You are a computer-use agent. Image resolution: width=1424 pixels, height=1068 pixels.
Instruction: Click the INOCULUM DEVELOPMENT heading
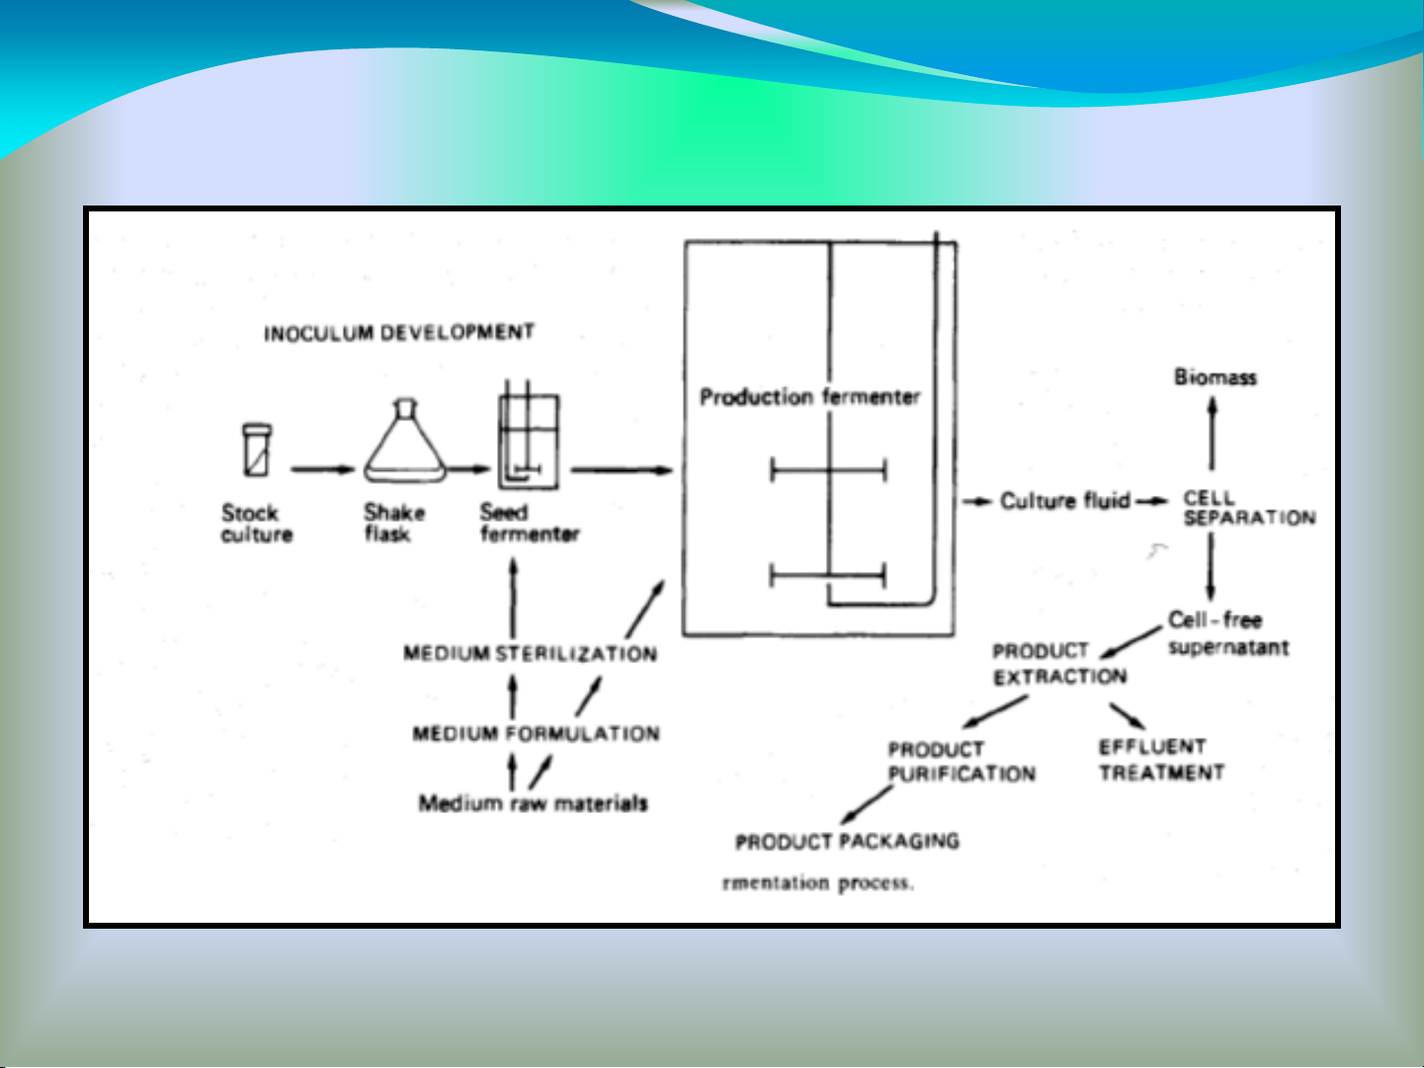[398, 333]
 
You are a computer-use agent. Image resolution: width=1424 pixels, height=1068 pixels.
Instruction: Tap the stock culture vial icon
[257, 451]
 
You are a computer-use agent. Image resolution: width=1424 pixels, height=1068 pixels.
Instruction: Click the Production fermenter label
[809, 397]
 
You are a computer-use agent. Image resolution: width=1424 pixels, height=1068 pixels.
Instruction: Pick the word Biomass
[1215, 376]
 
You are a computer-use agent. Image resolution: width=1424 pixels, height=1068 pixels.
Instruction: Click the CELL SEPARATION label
[1249, 508]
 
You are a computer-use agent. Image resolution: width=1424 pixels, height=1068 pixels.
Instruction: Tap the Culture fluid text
[1064, 501]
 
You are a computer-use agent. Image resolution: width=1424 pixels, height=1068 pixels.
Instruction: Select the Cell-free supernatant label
[1227, 633]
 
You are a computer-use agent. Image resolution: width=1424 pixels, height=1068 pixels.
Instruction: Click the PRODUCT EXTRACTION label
[1059, 664]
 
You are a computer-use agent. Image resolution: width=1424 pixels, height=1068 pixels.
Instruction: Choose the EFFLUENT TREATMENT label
[1161, 760]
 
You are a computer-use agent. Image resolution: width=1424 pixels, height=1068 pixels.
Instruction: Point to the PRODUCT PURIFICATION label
[961, 762]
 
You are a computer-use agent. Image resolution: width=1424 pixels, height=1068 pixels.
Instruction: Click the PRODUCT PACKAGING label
[847, 842]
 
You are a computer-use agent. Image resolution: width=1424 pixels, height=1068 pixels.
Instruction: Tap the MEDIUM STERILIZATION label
[530, 653]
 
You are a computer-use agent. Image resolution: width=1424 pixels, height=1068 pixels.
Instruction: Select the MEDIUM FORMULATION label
[536, 734]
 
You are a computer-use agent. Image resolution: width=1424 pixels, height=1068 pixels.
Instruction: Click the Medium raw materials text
[533, 803]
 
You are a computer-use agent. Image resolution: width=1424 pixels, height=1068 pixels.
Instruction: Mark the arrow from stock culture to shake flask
[322, 469]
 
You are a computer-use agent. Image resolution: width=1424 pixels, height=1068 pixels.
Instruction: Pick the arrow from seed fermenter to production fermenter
[622, 470]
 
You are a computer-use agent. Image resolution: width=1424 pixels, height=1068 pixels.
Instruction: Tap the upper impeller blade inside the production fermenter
[828, 470]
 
